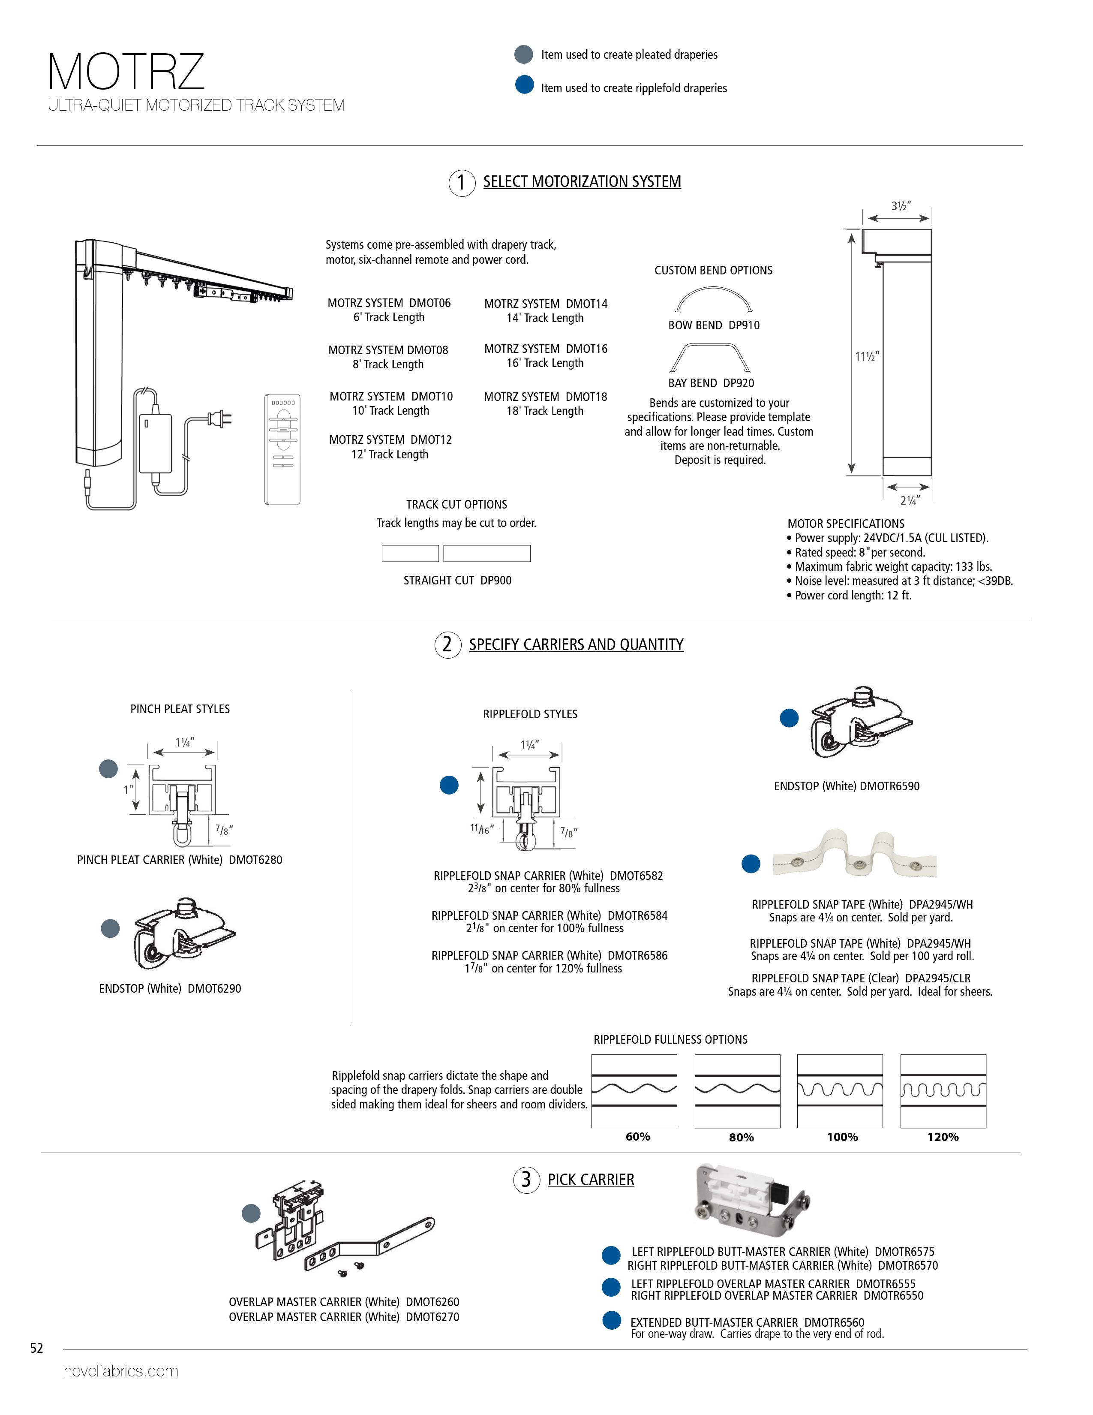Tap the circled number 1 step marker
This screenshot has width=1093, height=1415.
[x=462, y=183]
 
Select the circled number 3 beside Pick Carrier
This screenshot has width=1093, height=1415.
[x=526, y=1180]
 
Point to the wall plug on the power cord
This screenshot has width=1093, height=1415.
[x=219, y=419]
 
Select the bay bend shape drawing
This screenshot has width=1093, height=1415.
[x=710, y=357]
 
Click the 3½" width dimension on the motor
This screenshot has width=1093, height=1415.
[x=901, y=206]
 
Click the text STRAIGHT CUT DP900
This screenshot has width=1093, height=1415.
[x=457, y=581]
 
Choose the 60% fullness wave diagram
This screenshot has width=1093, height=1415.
[x=634, y=1092]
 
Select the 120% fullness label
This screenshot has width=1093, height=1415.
[x=943, y=1137]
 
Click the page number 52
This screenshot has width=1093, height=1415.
[x=37, y=1348]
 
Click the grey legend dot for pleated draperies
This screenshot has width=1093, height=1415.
[x=523, y=54]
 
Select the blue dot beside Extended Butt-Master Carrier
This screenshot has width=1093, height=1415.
[x=611, y=1320]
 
